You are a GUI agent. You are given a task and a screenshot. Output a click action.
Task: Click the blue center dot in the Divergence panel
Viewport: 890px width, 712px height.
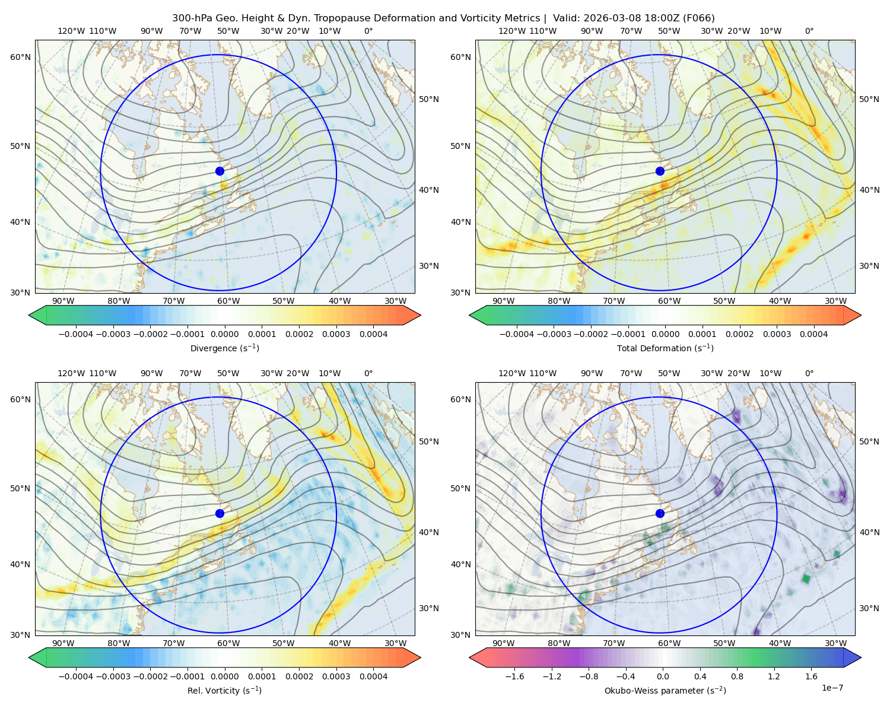point(220,171)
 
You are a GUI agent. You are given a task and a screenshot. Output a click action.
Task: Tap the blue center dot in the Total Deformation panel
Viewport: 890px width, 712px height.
point(660,171)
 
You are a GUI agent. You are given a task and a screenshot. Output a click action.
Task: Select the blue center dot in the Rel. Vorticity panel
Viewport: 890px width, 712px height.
point(220,513)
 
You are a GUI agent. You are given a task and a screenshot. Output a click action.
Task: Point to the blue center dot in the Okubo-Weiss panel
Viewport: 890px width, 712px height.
point(660,513)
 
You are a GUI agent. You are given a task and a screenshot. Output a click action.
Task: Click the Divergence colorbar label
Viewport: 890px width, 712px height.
point(224,348)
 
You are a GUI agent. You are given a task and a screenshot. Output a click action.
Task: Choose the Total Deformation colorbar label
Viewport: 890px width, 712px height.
point(665,348)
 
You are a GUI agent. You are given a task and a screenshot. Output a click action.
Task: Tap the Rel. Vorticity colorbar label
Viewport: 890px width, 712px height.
point(224,691)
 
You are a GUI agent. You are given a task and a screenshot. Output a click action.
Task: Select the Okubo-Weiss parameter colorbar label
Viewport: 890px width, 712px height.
point(665,691)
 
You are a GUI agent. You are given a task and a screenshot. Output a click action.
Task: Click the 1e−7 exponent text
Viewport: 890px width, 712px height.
point(832,688)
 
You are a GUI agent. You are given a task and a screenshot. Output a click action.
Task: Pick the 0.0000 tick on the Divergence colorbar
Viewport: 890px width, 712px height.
point(224,334)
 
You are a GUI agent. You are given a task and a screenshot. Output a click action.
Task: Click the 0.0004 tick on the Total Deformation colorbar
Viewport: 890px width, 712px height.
point(814,334)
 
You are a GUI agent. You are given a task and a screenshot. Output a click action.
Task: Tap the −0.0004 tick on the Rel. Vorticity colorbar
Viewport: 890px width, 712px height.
point(76,676)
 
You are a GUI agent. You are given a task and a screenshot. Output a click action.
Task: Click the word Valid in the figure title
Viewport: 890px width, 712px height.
point(566,18)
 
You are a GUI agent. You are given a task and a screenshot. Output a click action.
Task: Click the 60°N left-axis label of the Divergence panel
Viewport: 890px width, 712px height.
point(20,57)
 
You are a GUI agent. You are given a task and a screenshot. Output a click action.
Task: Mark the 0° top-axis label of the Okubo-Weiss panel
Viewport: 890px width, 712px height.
point(809,373)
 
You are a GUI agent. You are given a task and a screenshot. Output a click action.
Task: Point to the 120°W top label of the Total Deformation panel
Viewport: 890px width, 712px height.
point(512,31)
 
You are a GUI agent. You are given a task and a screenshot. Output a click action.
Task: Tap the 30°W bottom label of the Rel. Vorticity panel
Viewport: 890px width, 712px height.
point(395,643)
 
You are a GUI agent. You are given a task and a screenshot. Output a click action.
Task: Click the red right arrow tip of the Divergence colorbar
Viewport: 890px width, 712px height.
point(420,315)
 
